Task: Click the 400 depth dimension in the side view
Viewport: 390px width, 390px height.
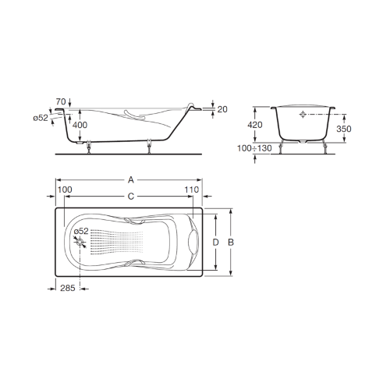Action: [x=80, y=125]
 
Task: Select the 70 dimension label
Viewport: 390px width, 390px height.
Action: [x=61, y=101]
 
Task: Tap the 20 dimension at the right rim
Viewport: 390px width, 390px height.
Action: [x=222, y=109]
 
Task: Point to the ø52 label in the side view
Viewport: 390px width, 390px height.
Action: [x=41, y=118]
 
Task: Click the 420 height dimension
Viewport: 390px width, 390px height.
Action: [x=255, y=125]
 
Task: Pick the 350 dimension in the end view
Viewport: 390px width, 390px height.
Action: [x=344, y=129]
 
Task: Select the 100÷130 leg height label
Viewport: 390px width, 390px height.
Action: [x=254, y=148]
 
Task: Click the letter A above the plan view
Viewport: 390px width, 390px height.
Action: [x=131, y=179]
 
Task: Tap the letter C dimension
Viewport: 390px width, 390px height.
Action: [x=131, y=197]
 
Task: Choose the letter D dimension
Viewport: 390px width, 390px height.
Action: [x=215, y=243]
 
